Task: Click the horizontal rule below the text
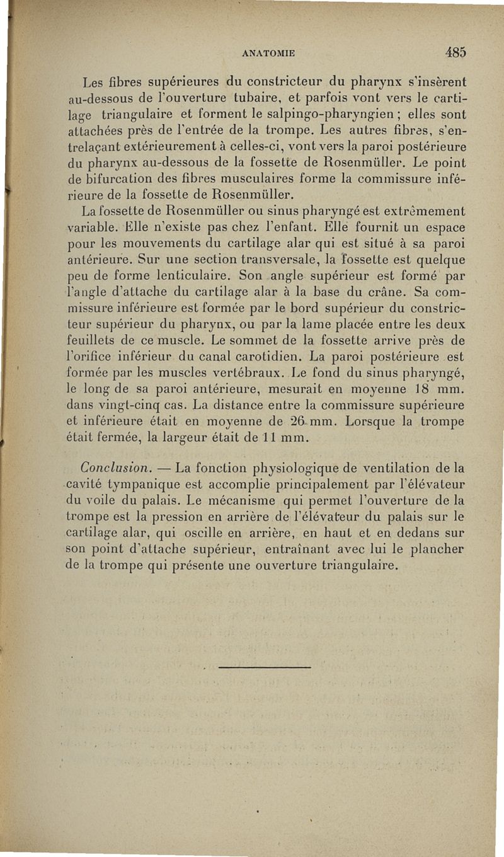point(267,667)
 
